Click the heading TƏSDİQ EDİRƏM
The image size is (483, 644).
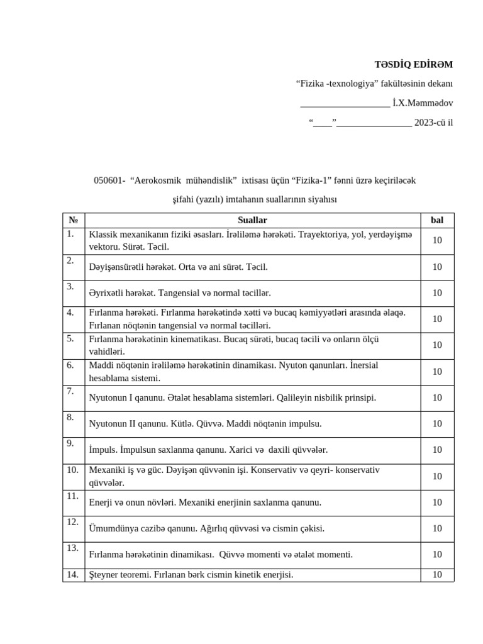(x=413, y=64)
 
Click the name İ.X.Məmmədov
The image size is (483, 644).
(x=423, y=103)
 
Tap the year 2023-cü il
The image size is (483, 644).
(x=433, y=122)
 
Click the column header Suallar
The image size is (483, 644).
(x=253, y=220)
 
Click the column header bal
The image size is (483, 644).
(x=437, y=220)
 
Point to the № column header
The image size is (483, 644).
(x=74, y=220)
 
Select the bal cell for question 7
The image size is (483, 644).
(x=437, y=397)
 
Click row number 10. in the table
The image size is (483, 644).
(x=72, y=470)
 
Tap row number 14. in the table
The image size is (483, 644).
(x=72, y=574)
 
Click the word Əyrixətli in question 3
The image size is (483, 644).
(x=108, y=293)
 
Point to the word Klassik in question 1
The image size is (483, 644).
(x=103, y=235)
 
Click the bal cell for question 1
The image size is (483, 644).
(x=437, y=240)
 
